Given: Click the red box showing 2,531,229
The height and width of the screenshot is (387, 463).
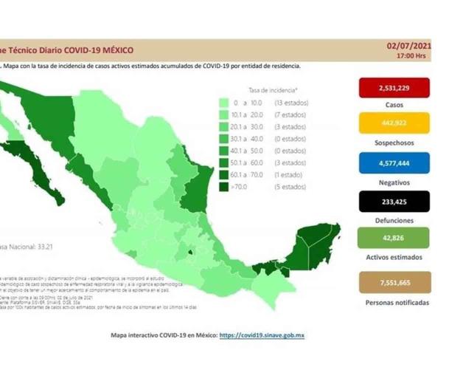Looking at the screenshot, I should click(x=394, y=88).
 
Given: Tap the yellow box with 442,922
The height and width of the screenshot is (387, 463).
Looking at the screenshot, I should click(x=394, y=123).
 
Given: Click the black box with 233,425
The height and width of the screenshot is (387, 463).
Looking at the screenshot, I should click(x=394, y=201).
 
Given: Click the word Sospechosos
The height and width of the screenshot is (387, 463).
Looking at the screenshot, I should click(x=394, y=142).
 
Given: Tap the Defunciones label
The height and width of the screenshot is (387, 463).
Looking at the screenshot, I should click(x=394, y=221).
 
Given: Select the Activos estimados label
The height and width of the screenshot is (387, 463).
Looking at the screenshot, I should click(x=394, y=257).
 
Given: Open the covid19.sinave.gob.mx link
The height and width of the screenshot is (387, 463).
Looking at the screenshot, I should click(x=262, y=335).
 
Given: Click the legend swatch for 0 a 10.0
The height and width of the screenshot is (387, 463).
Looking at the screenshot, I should click(x=223, y=102).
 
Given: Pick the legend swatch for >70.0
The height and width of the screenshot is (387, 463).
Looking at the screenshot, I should click(x=223, y=187).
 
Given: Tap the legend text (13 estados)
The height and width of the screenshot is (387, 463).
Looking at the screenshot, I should click(x=290, y=102).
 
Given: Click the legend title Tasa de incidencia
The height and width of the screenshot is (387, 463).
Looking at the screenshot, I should click(x=266, y=88).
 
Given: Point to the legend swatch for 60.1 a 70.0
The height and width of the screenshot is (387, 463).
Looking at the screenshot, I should click(x=223, y=175).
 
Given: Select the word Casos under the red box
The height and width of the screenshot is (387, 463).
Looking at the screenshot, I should click(x=394, y=105).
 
